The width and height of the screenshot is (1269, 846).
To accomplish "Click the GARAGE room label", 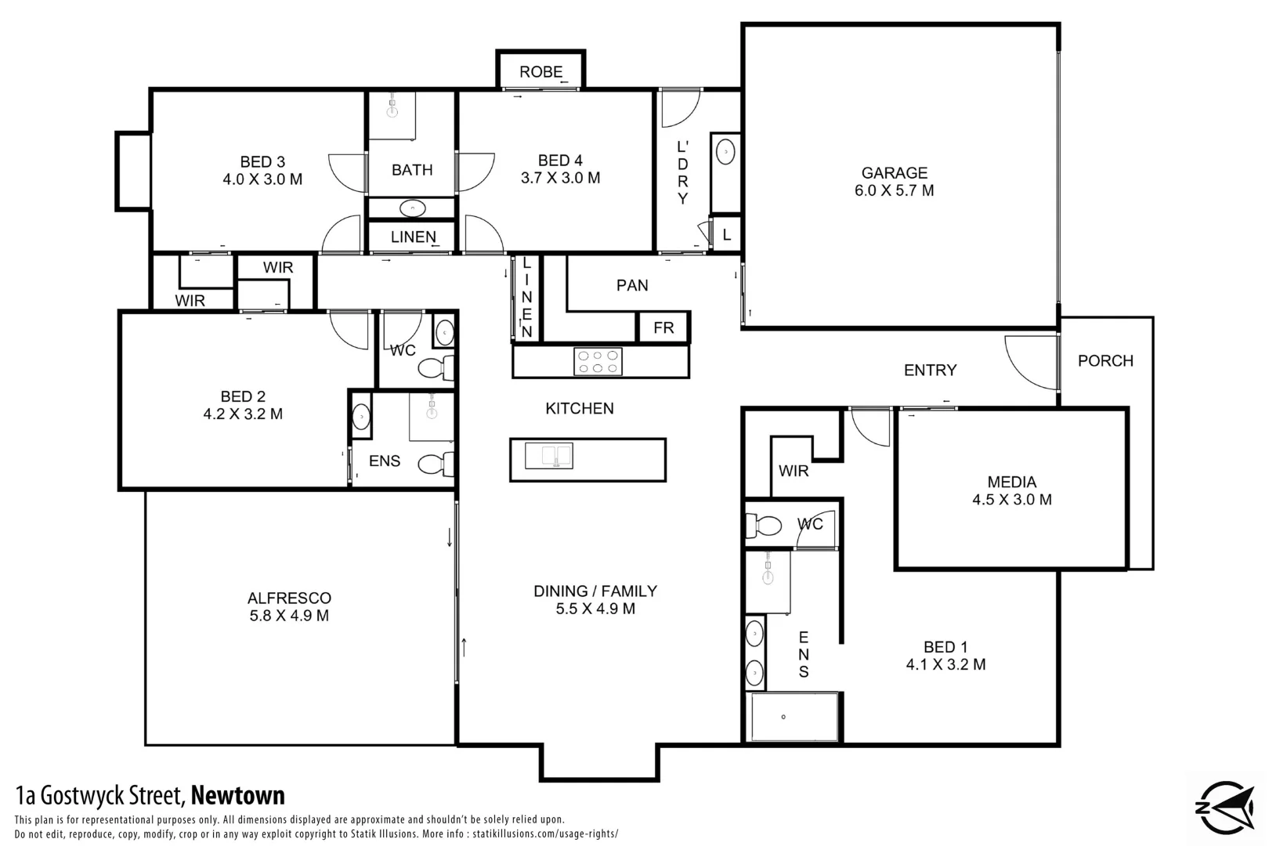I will click(894, 173).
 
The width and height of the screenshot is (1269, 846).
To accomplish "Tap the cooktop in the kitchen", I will click(598, 362).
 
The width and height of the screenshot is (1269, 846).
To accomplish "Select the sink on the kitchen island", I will click(548, 455).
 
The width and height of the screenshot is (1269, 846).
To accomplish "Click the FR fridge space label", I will click(663, 327).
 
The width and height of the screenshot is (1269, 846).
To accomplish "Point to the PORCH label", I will click(1105, 361).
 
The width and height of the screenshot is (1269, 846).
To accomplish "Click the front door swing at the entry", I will click(1030, 363).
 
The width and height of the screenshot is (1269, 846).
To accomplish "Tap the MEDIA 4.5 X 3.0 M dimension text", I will click(1011, 500).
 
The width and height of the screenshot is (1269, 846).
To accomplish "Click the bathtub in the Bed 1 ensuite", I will click(794, 717).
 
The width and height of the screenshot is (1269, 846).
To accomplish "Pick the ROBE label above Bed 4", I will click(540, 72).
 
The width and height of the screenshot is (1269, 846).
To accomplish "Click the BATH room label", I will click(412, 170).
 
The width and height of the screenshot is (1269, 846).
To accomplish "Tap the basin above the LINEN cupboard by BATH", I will click(412, 208).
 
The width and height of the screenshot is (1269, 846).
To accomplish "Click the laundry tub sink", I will click(725, 151).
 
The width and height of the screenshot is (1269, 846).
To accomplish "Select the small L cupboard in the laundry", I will click(727, 234).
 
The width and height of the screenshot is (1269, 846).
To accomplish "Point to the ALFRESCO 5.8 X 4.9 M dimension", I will click(289, 616).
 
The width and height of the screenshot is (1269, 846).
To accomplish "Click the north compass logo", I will click(1225, 808).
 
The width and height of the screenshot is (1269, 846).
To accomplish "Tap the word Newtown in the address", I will click(238, 796).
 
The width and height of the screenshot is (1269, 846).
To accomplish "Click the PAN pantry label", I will click(632, 286).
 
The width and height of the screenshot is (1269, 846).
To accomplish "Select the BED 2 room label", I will click(243, 397).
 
